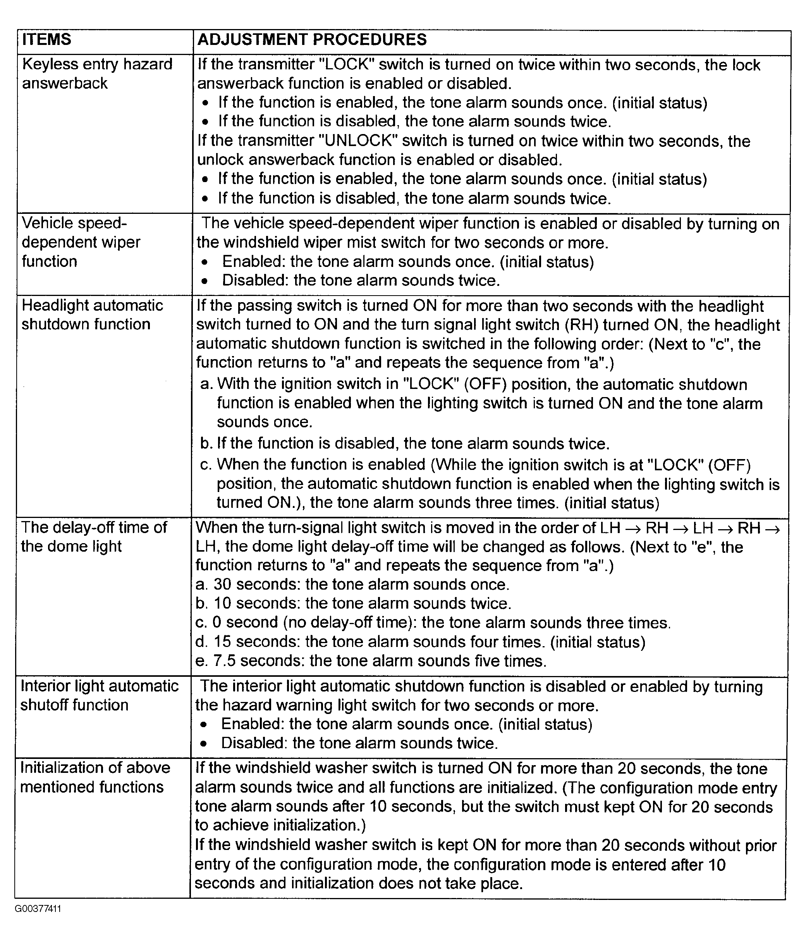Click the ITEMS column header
[46, 40]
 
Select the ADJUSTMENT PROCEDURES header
[312, 40]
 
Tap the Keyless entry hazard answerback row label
[97, 74]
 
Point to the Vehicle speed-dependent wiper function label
[81, 242]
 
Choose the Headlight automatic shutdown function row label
[92, 315]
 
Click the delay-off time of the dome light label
[94, 537]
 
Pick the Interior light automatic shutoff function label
[100, 695]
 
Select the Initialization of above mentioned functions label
[95, 777]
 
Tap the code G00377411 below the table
[38, 909]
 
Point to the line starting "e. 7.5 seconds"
[371, 661]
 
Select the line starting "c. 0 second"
[433, 623]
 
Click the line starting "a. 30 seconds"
[352, 585]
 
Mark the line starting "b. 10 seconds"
[353, 604]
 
